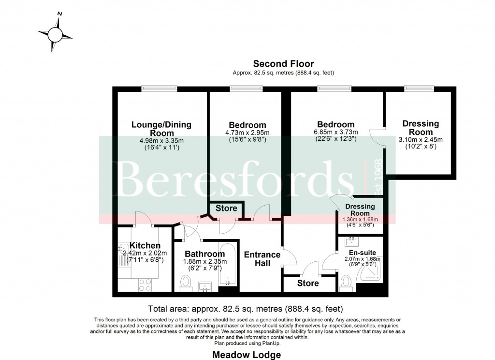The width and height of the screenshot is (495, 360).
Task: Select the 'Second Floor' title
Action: point(283,64)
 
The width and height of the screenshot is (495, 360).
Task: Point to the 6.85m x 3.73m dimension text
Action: point(335,132)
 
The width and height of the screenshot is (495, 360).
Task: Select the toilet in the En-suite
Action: point(346,283)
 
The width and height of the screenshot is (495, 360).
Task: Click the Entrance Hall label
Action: point(262,259)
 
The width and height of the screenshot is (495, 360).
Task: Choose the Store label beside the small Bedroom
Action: point(226,209)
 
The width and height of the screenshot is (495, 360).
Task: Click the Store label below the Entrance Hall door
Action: point(308,283)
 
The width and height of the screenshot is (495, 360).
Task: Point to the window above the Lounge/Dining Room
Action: point(160,89)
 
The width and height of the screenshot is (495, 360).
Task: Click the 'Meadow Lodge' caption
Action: point(247,355)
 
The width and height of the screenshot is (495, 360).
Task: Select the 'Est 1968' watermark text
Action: point(379,175)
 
